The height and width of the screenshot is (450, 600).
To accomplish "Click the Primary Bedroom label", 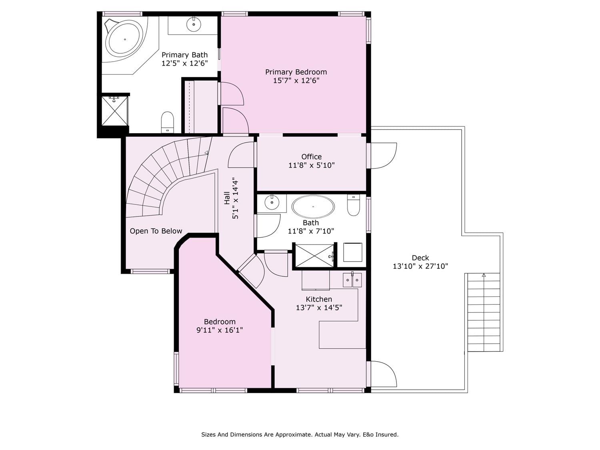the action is (x=296, y=72).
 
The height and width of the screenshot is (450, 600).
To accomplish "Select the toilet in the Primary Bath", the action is (x=167, y=122).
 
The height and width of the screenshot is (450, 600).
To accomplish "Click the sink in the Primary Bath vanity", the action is (x=194, y=24).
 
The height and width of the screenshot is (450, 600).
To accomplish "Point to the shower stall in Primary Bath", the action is (x=115, y=111).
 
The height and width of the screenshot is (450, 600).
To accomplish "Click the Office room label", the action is (x=311, y=157).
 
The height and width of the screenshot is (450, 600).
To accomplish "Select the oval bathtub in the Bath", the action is (x=313, y=207).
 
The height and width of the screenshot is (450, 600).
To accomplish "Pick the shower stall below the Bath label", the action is (x=315, y=256).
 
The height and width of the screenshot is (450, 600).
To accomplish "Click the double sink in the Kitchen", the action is (x=352, y=280).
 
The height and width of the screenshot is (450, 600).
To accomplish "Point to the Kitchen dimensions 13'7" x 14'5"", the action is (x=319, y=308).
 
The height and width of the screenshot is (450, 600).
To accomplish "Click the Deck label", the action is (x=420, y=258).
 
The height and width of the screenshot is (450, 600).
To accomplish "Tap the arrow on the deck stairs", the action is (x=484, y=275).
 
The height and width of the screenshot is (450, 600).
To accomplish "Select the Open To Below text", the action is (x=156, y=231).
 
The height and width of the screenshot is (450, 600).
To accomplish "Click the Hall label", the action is (x=227, y=198).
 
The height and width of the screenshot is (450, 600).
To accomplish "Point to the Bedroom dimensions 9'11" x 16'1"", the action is (x=220, y=330).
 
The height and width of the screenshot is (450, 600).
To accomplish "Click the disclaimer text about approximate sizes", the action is (x=300, y=434).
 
